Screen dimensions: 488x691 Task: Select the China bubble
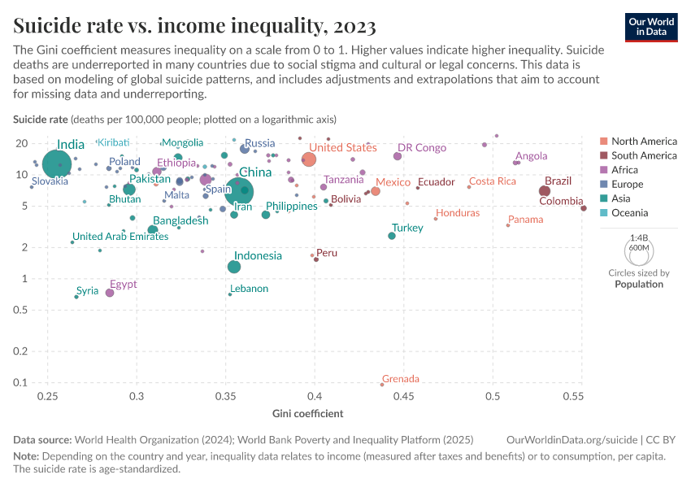tap(238, 191)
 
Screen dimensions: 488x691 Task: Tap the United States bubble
tap(309, 159)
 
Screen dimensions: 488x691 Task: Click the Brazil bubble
tap(545, 191)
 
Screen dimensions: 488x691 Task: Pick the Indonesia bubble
tap(234, 267)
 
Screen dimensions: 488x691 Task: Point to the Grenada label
tap(401, 379)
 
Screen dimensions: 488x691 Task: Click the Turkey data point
tap(392, 235)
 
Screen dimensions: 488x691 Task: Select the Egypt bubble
tap(110, 293)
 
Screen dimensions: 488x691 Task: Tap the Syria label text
tap(87, 290)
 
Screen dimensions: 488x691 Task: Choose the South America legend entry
tap(644, 155)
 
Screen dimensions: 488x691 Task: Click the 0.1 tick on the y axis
tap(22, 383)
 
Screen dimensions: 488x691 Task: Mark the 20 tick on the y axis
tap(22, 143)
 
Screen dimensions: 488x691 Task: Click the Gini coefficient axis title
tap(307, 414)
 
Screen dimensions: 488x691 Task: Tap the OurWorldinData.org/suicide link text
tap(574, 439)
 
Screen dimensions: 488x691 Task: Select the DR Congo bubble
tap(398, 156)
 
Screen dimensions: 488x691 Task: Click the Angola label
tap(532, 156)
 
